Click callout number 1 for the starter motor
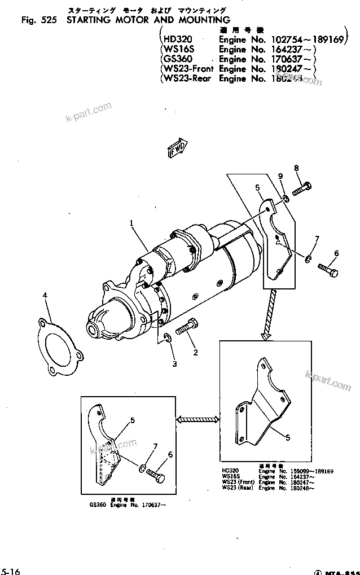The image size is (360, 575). [131, 223]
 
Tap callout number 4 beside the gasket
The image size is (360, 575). [45, 295]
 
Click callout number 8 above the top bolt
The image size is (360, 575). [296, 168]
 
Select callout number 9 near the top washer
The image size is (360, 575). [280, 177]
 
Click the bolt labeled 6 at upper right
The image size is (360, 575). [328, 269]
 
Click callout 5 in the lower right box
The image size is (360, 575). [288, 437]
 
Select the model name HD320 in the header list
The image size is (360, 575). [177, 39]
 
